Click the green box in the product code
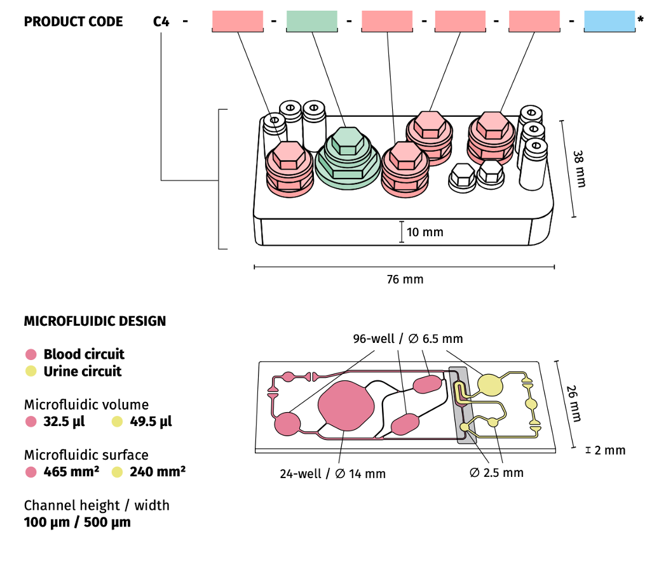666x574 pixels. click(312, 22)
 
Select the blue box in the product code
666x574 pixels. click(609, 22)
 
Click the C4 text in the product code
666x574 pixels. click(161, 22)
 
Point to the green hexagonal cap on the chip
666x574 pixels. click(347, 140)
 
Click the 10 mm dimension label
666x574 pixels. click(425, 232)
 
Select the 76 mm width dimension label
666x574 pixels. click(405, 279)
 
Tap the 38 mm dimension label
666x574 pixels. click(579, 168)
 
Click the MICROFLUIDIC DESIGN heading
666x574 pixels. click(95, 321)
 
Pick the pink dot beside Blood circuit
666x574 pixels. click(31, 354)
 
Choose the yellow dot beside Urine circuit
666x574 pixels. click(31, 371)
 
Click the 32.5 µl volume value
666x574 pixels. click(64, 422)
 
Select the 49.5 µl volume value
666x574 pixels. click(151, 422)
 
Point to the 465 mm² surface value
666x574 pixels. click(71, 472)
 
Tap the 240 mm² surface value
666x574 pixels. click(158, 472)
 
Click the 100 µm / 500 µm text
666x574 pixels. click(78, 523)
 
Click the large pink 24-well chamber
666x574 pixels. click(344, 407)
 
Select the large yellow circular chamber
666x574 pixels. click(490, 384)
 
